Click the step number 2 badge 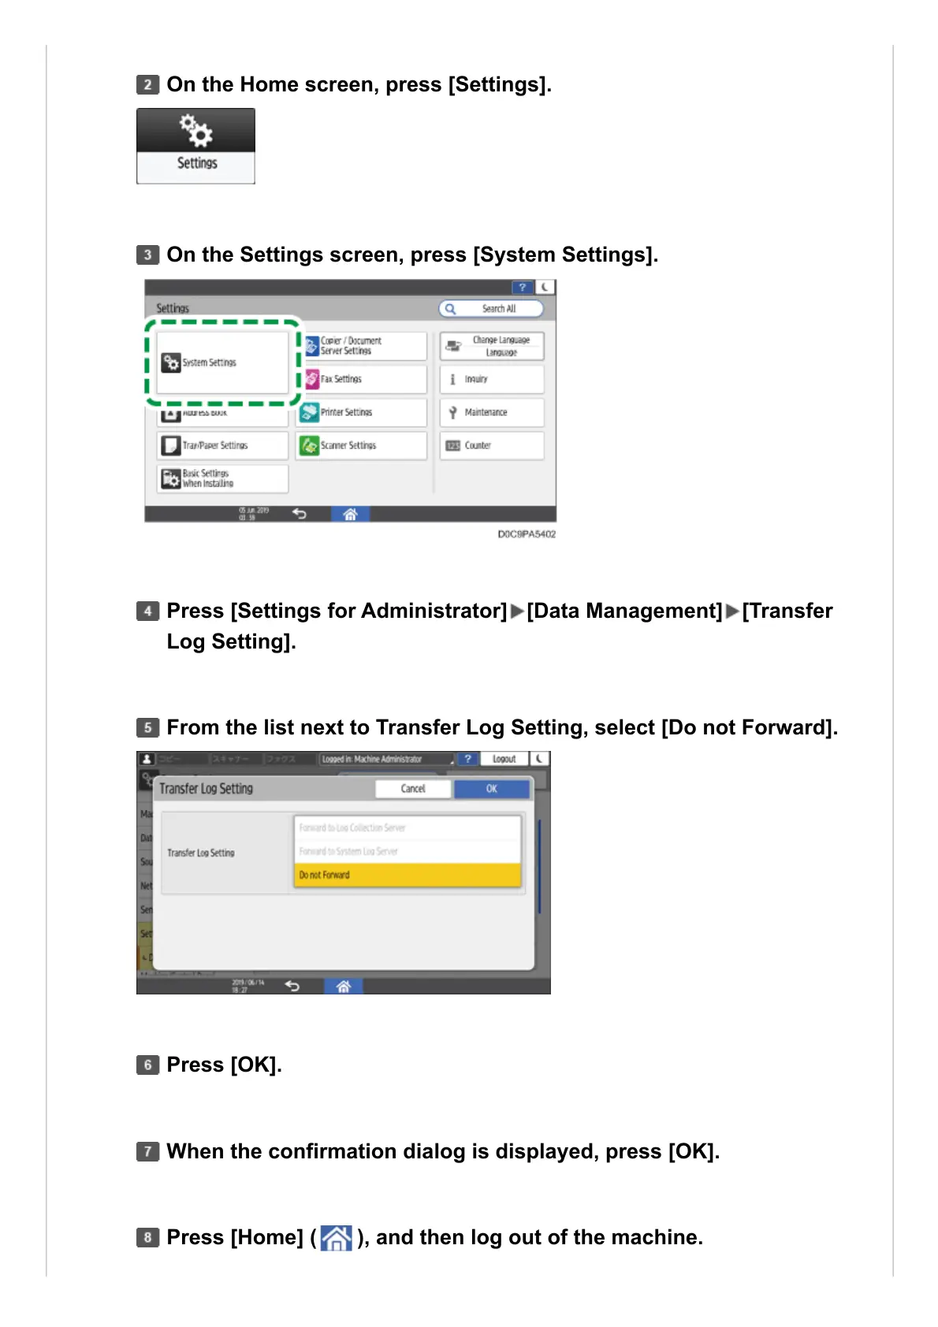[x=147, y=84]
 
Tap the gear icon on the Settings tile [x=195, y=131]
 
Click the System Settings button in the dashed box [x=222, y=362]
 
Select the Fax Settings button [x=365, y=379]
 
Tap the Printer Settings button [x=365, y=412]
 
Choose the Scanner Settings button [x=365, y=445]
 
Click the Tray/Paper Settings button [x=222, y=445]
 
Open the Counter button [x=492, y=445]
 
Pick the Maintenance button [x=492, y=412]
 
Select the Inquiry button [x=492, y=379]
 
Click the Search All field [x=492, y=309]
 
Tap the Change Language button [x=492, y=346]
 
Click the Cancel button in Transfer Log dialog [x=413, y=789]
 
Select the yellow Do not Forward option [x=407, y=875]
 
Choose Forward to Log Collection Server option [x=407, y=827]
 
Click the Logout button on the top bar [x=504, y=759]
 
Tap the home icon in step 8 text [x=337, y=1238]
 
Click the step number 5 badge [x=147, y=727]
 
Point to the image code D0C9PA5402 [x=527, y=534]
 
